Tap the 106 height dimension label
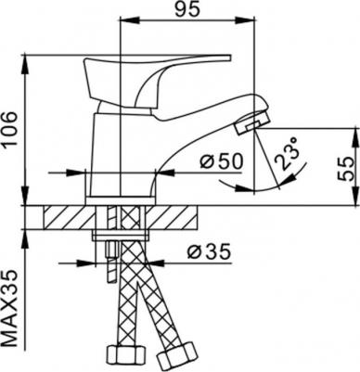[x=9, y=129]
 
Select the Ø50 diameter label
[x=221, y=161]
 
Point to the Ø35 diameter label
[x=209, y=251]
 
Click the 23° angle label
[x=287, y=154]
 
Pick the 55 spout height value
[x=345, y=169]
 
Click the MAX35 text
[x=9, y=308]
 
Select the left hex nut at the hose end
[x=125, y=356]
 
